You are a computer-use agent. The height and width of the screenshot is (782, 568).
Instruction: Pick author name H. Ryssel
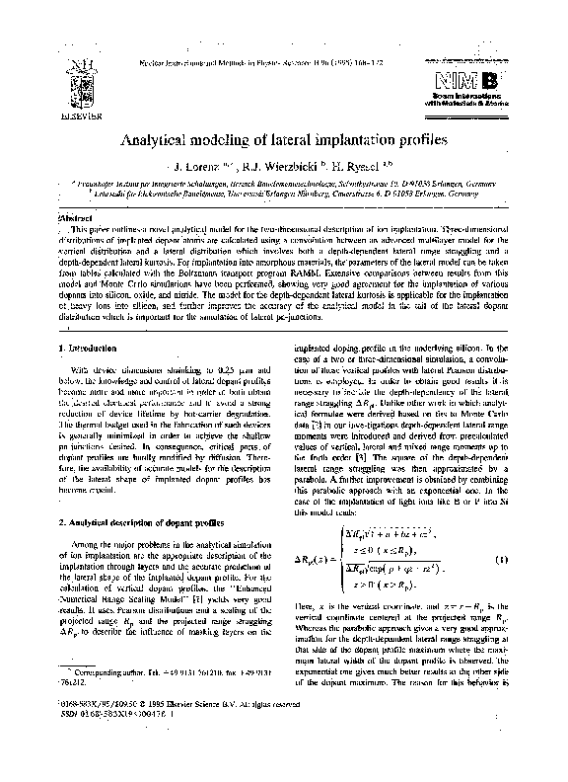click(366, 168)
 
